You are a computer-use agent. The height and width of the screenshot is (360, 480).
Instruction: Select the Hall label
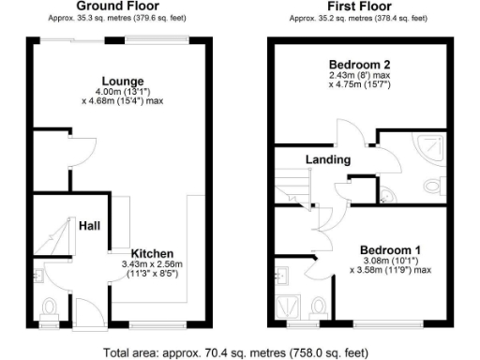90,226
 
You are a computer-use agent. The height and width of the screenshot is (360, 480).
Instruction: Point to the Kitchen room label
150,254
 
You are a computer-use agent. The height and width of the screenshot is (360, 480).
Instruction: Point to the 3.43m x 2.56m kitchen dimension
150,266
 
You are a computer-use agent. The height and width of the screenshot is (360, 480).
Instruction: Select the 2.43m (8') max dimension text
358,75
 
